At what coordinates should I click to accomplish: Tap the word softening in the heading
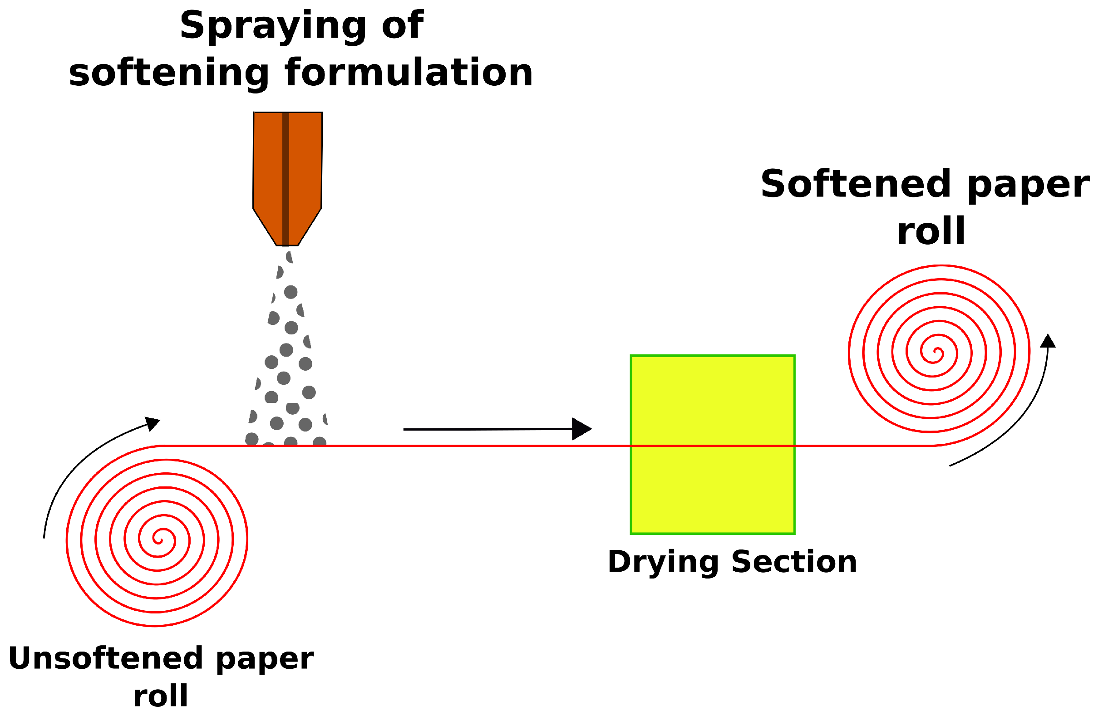pos(169,73)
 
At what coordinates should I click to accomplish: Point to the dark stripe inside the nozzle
pos(286,176)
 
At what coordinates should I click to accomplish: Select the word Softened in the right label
pos(856,184)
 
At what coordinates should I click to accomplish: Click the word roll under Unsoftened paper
pos(160,696)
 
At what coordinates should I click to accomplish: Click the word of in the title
pos(402,25)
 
